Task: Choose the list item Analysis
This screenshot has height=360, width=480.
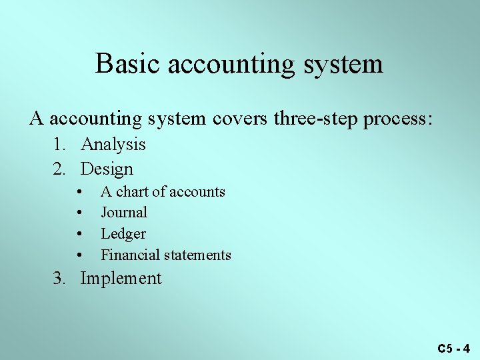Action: click(x=113, y=145)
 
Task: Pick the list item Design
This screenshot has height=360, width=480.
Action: click(x=107, y=169)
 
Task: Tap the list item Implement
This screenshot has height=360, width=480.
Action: click(x=121, y=279)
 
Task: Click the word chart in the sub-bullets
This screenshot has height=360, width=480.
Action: click(x=132, y=192)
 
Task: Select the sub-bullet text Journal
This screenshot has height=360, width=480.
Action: click(x=124, y=213)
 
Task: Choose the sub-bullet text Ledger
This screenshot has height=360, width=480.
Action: click(x=123, y=234)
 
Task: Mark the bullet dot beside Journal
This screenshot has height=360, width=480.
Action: click(x=79, y=213)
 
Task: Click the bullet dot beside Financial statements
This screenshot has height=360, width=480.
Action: click(x=79, y=256)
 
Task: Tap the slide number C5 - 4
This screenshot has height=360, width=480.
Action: click(x=453, y=348)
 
